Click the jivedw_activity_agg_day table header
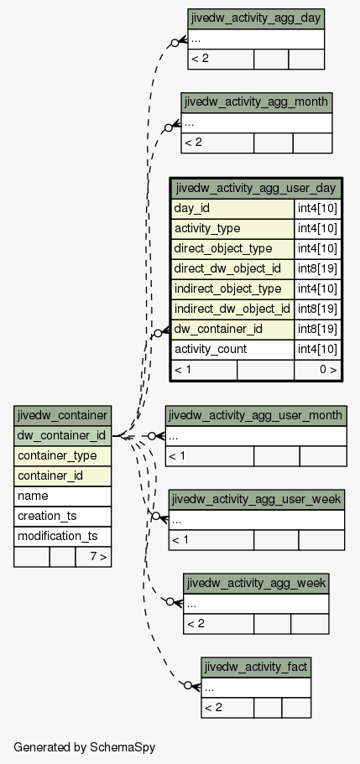click(x=256, y=18)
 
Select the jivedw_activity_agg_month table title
click(x=257, y=102)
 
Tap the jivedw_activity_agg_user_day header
click(x=256, y=188)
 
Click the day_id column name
click(x=192, y=208)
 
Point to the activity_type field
click(x=207, y=228)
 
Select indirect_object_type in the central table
click(x=227, y=288)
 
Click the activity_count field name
click(x=211, y=350)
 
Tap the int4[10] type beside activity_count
click(x=317, y=350)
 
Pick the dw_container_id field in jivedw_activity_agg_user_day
click(x=218, y=329)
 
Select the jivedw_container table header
click(x=62, y=416)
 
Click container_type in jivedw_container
click(x=57, y=455)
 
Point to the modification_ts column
click(x=58, y=536)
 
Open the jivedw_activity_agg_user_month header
click(x=256, y=415)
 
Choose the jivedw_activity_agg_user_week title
click(x=257, y=500)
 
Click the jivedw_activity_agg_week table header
click(x=256, y=583)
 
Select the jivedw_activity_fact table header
click(x=256, y=667)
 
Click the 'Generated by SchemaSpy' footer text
click(x=85, y=747)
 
